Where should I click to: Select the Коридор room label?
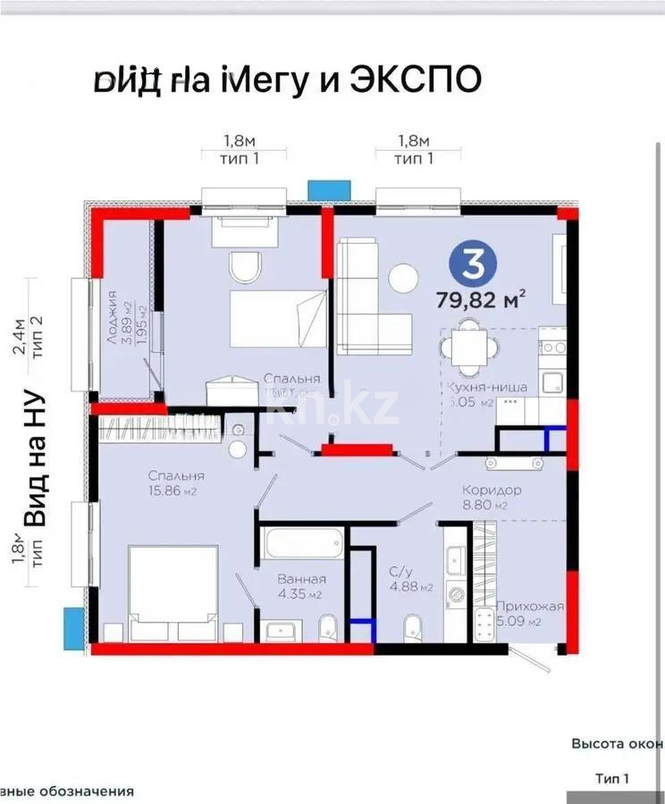[x=492, y=490]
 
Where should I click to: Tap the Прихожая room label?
[x=534, y=607]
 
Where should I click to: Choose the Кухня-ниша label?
[x=487, y=387]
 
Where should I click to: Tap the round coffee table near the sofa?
[x=403, y=278]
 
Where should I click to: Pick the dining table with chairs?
[x=467, y=349]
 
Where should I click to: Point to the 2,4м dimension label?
[x=17, y=338]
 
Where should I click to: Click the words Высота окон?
[x=617, y=743]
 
